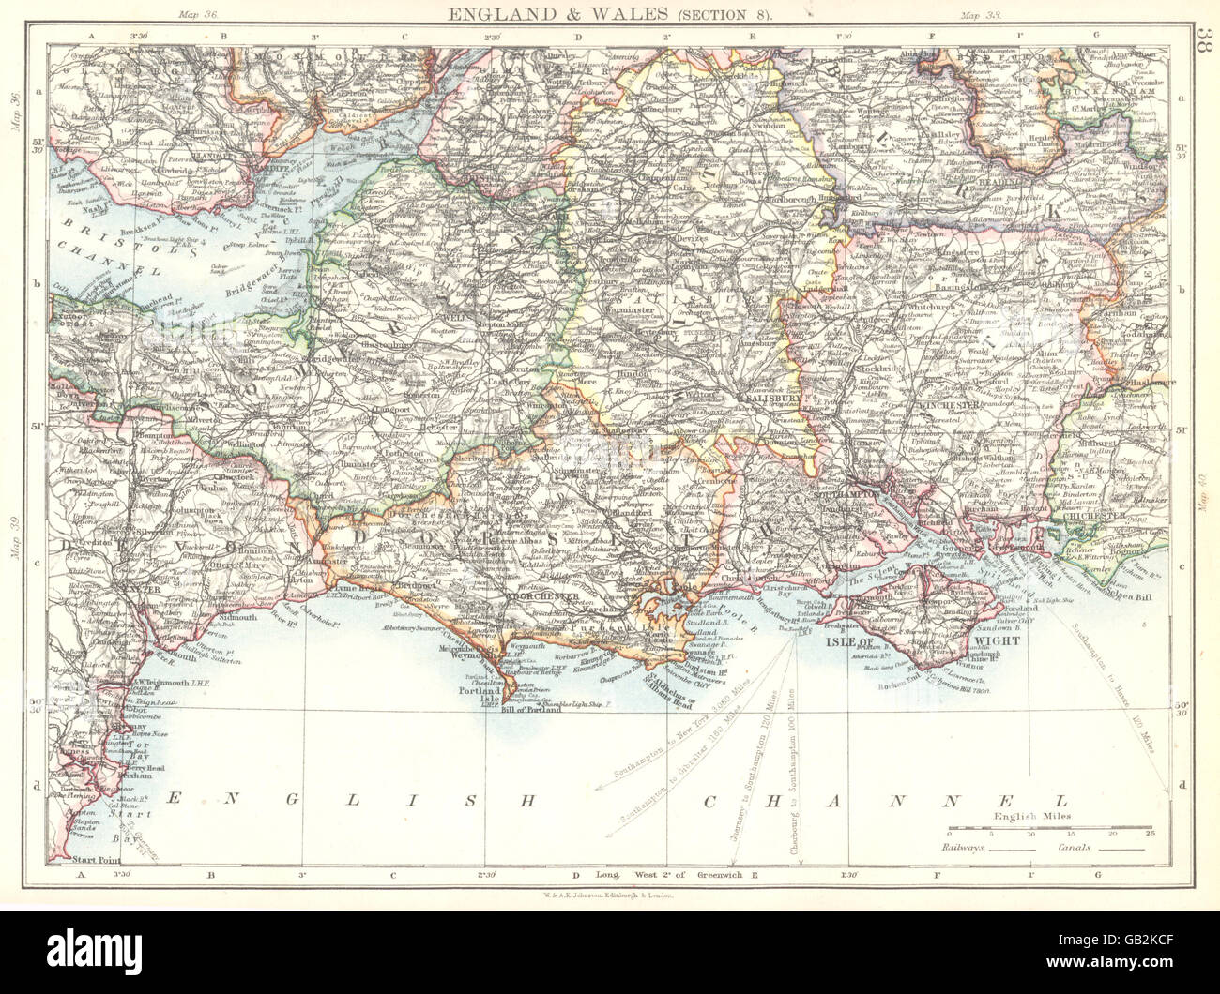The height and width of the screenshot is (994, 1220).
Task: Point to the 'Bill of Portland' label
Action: pos(531,710)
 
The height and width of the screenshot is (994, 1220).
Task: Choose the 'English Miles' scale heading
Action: pos(1029,817)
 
